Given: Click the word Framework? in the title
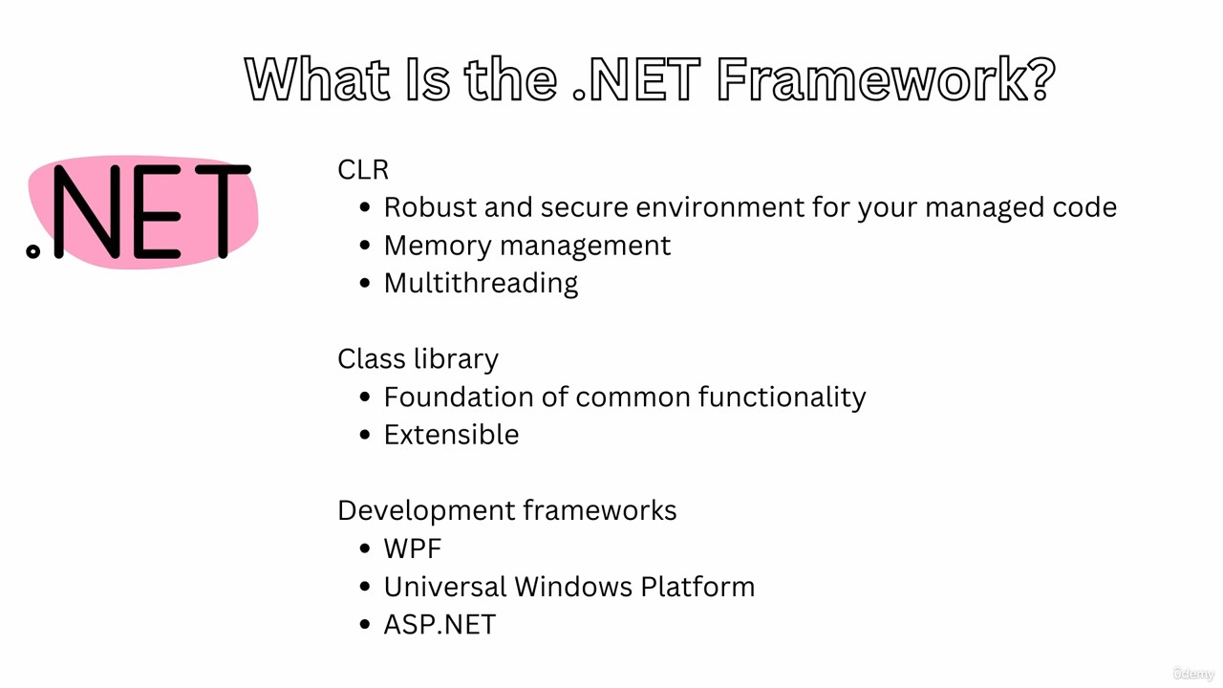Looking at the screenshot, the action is coord(886,79).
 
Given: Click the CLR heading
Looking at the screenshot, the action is coord(363,170).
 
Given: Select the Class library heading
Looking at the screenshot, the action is coord(418,359).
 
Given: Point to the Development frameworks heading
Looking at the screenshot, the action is coord(507,510).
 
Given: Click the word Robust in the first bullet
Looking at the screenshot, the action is coord(430,207).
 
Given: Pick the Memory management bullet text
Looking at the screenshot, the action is coord(527,247).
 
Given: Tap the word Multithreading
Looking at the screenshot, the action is coord(481,284).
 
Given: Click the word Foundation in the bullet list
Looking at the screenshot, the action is coord(459,397).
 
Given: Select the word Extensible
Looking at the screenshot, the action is coord(452,435).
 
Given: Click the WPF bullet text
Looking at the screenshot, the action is coord(413,548).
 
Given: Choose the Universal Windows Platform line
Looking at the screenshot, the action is coord(569,587).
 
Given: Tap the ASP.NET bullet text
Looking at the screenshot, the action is coord(440,625).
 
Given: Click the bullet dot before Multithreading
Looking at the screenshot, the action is coord(365,284).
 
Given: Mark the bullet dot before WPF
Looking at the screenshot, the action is coord(365,548).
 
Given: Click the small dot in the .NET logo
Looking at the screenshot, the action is coord(32,251).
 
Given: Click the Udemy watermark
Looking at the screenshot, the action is coord(1193,674).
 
